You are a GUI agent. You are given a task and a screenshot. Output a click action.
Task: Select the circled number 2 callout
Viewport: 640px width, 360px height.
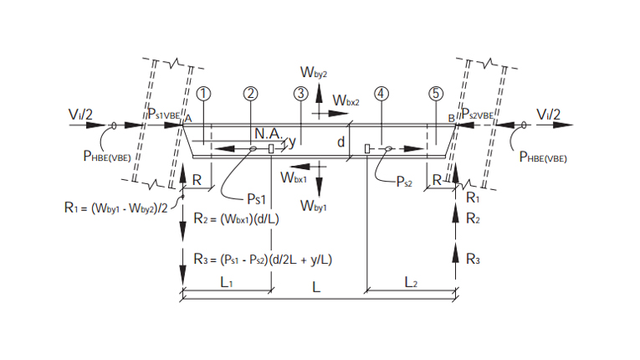tap(251, 93)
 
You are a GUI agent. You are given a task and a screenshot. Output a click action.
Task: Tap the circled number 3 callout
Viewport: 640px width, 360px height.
tap(300, 93)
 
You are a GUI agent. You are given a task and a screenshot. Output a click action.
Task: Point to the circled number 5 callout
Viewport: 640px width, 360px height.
tap(435, 93)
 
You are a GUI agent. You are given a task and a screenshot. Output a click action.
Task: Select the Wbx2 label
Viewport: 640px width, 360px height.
tap(346, 100)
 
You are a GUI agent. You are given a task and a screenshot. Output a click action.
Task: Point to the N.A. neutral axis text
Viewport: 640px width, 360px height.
tap(269, 133)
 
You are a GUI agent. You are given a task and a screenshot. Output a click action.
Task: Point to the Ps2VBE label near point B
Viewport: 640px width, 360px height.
tap(481, 114)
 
